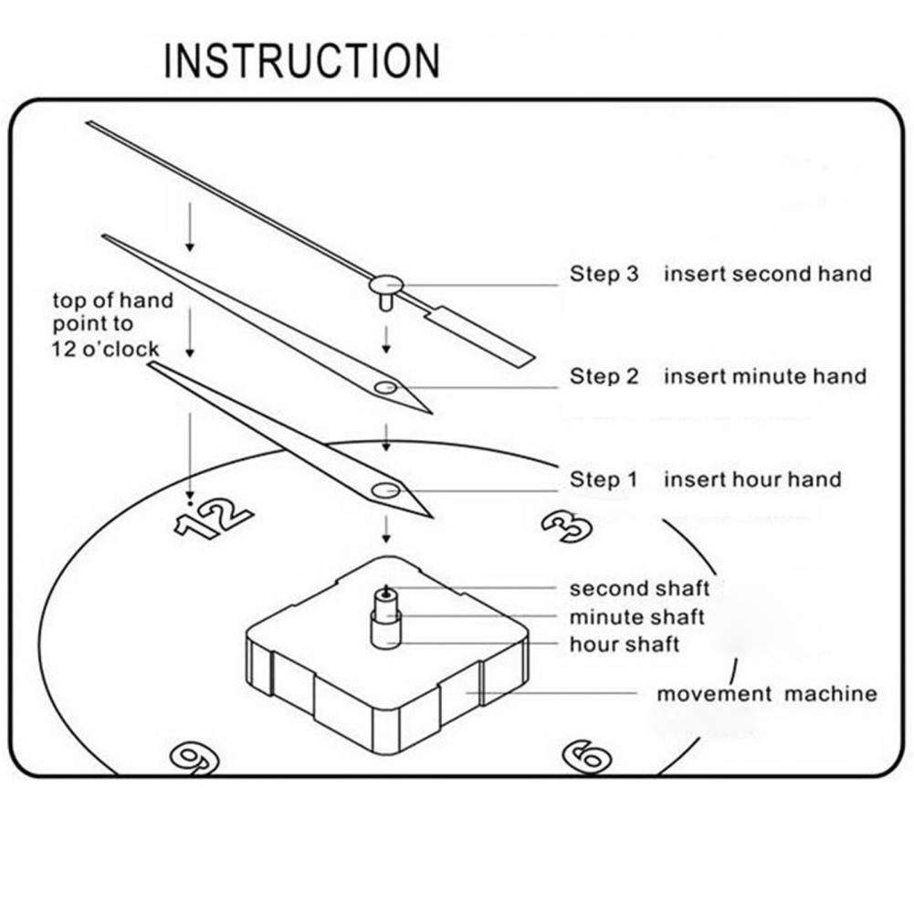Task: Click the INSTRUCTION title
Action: click(x=301, y=61)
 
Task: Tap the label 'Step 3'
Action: click(x=604, y=273)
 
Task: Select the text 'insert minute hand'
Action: click(x=764, y=375)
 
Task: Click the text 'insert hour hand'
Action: click(x=751, y=479)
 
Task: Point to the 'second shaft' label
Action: click(x=639, y=588)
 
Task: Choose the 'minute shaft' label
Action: click(x=636, y=617)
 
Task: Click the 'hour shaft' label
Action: click(x=625, y=645)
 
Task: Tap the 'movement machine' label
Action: click(x=766, y=694)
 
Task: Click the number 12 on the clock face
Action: click(x=212, y=520)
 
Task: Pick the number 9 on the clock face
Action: click(x=194, y=757)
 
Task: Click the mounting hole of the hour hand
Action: click(x=384, y=490)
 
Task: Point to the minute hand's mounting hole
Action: click(x=385, y=388)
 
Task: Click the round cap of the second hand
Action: click(x=385, y=284)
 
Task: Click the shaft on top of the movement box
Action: click(x=385, y=616)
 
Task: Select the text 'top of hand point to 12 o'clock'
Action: click(x=112, y=324)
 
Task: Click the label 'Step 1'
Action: click(x=604, y=479)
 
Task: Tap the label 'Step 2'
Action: click(x=604, y=375)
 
